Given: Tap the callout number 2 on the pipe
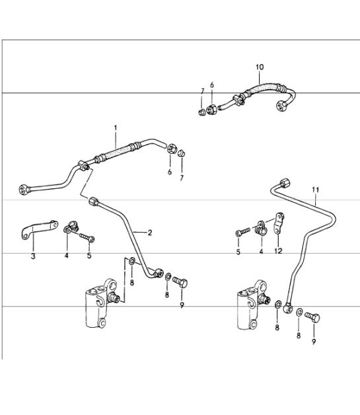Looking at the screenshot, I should pyautogui.click(x=150, y=233).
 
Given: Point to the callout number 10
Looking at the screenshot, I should pyautogui.click(x=259, y=67).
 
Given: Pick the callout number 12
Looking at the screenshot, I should pyautogui.click(x=278, y=252).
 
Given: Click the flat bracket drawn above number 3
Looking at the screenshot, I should pyautogui.click(x=33, y=233).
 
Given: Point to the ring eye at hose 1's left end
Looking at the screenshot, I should pyautogui.click(x=26, y=189).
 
